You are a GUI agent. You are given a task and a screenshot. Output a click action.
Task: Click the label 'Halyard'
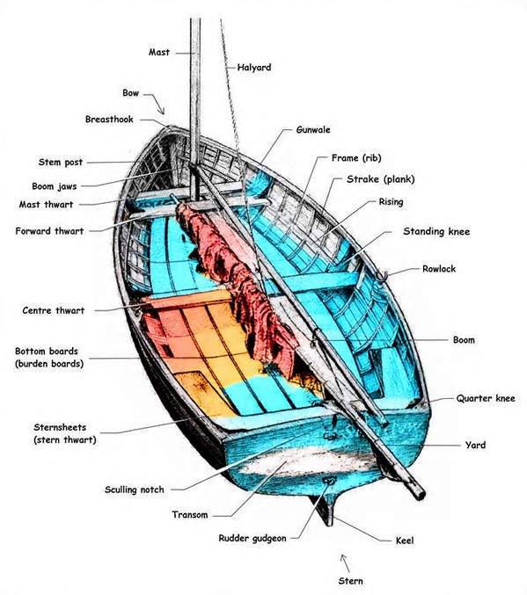click(x=254, y=68)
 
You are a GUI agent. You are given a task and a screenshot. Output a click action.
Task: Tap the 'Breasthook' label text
click(x=109, y=120)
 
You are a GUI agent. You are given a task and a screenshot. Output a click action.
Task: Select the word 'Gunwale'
click(x=313, y=130)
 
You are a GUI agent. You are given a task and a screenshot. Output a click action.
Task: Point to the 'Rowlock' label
click(x=439, y=269)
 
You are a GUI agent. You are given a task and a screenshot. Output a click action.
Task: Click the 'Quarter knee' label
click(x=486, y=398)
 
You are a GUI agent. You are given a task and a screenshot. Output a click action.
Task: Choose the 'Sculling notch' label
click(x=134, y=490)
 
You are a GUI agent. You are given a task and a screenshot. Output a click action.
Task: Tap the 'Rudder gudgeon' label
click(x=253, y=538)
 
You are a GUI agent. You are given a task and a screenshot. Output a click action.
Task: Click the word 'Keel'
click(x=405, y=541)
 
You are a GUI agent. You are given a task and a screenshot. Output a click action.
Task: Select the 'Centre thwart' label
click(x=53, y=310)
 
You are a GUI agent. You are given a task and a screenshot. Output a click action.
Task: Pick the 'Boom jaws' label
click(x=55, y=186)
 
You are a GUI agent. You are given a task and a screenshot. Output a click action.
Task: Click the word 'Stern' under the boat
click(x=350, y=581)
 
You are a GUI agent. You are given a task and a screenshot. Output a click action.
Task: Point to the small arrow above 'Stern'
click(x=345, y=563)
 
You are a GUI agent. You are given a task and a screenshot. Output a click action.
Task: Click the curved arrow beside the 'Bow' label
click(x=155, y=102)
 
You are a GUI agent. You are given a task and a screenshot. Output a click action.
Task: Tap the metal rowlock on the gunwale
click(x=382, y=275)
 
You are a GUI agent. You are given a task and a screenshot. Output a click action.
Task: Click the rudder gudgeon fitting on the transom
click(x=328, y=481)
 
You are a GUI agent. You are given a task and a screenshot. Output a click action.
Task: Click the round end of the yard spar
click(x=420, y=495)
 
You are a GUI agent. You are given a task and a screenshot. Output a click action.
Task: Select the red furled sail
click(x=243, y=288)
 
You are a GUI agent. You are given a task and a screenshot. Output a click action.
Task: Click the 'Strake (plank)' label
click(x=380, y=179)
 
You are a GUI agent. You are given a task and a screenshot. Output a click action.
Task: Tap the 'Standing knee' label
click(x=436, y=231)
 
